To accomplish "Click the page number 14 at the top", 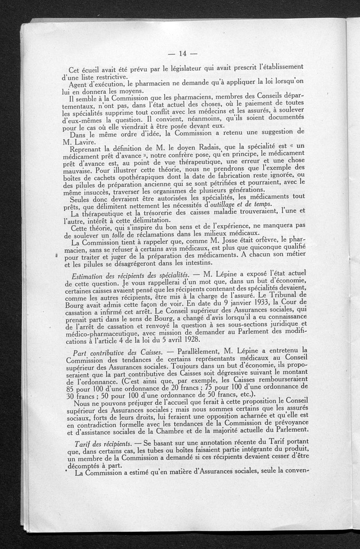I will pos(182,54).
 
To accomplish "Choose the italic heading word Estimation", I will pos(91,276).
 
